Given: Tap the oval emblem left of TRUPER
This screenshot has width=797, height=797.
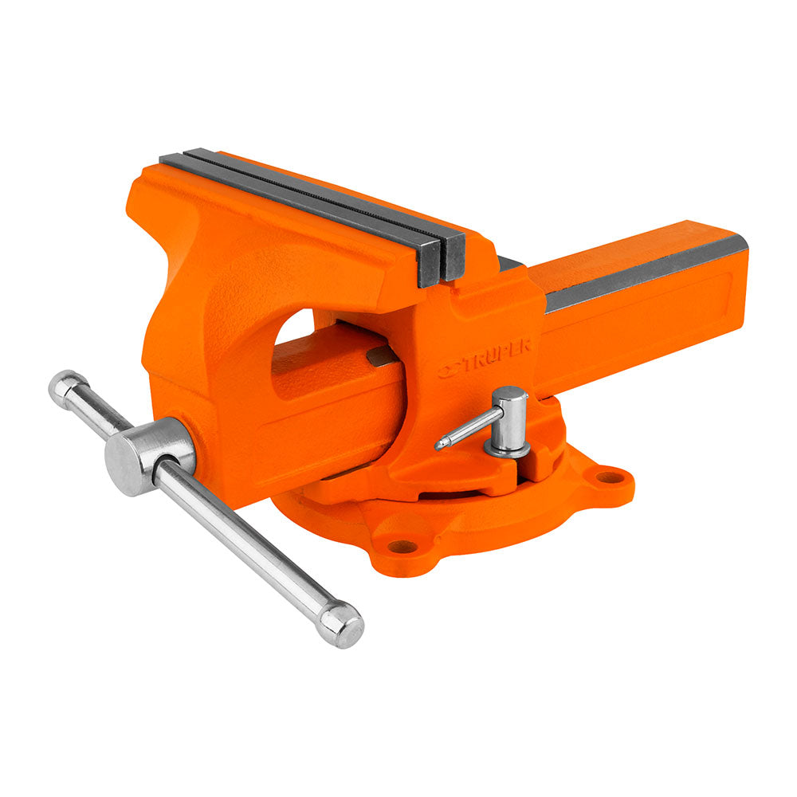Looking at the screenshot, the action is [450, 370].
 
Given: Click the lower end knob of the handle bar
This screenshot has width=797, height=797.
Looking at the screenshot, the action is [342, 625].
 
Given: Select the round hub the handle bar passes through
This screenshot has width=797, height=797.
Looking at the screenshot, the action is [147, 456].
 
